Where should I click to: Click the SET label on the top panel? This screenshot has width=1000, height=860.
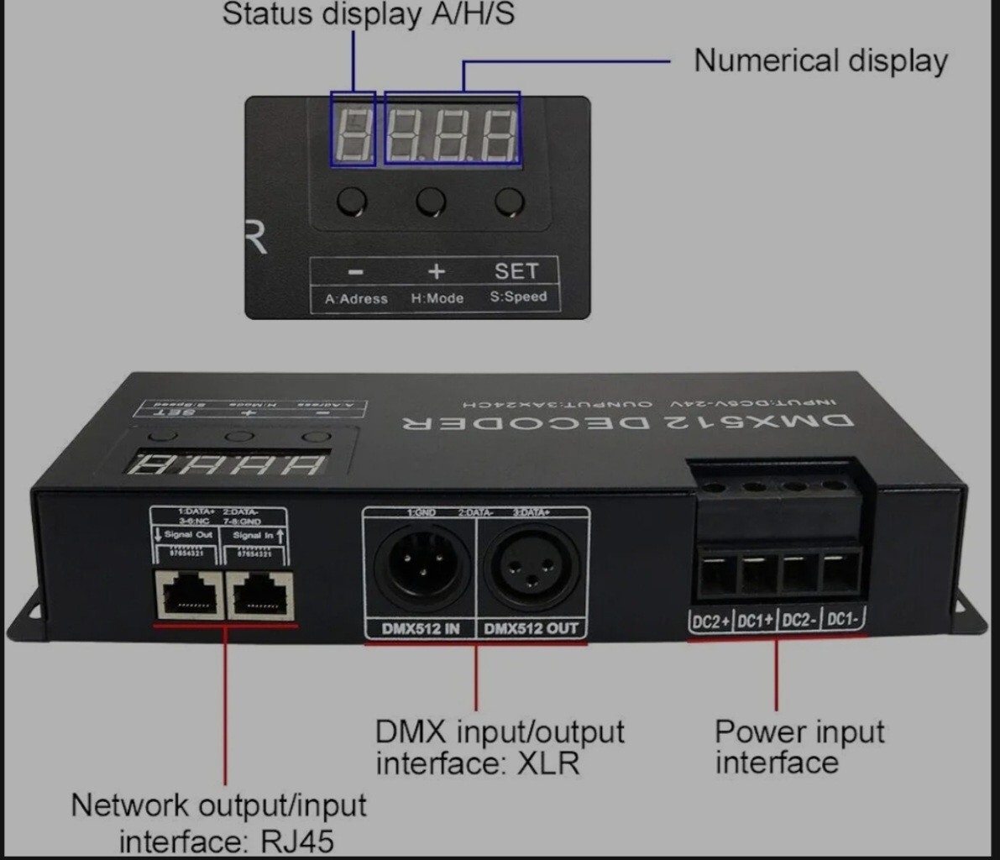tap(516, 271)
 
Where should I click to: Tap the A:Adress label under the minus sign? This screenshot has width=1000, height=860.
tap(356, 298)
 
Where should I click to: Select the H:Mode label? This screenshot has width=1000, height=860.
tap(437, 298)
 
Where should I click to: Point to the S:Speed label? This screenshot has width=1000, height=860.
tap(518, 296)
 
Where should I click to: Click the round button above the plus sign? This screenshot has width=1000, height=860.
tap(431, 202)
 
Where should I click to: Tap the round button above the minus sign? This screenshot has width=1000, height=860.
tap(352, 202)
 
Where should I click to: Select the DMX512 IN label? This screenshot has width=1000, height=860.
tap(421, 628)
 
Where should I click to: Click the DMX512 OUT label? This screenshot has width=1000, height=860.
tap(531, 628)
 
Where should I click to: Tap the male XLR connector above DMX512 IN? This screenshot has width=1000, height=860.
tap(421, 566)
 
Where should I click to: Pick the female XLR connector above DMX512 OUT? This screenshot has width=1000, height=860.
tap(531, 566)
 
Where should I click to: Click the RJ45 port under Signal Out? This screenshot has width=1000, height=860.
tap(189, 594)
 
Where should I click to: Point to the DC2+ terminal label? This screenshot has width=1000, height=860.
tap(709, 621)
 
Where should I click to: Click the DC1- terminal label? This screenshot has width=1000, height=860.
tap(843, 620)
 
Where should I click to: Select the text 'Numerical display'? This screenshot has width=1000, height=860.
tap(820, 60)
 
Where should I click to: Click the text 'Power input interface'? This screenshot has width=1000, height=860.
tap(798, 747)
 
